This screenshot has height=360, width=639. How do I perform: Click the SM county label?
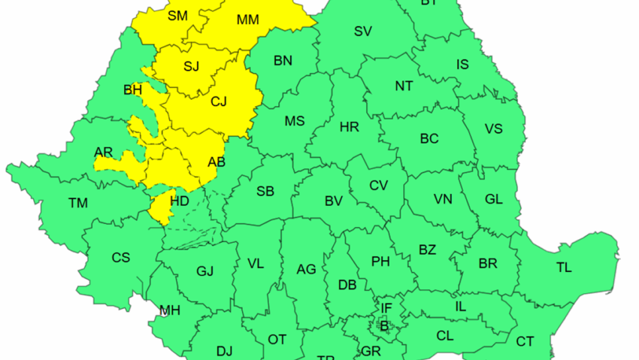click(x=178, y=16)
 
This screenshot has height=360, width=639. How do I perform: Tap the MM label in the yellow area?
click(x=247, y=20)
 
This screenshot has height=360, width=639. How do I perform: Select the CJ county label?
click(x=218, y=101)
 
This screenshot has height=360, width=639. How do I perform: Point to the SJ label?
click(x=192, y=66)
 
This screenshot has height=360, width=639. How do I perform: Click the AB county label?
click(x=216, y=161)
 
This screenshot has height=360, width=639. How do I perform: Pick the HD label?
click(x=180, y=201)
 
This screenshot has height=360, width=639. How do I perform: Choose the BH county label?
click(x=132, y=91)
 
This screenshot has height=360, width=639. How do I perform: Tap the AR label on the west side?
click(x=104, y=153)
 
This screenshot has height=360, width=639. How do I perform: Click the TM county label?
click(x=77, y=203)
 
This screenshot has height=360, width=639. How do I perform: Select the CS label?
click(x=120, y=258)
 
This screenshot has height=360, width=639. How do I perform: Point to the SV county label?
click(x=363, y=32)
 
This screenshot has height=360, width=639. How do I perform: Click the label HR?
click(x=349, y=128)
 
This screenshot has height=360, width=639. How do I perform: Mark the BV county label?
click(x=334, y=201)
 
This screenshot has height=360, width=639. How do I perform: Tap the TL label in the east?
click(x=564, y=268)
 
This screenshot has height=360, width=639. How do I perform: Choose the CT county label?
click(x=525, y=342)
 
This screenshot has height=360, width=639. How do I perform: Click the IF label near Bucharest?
click(x=386, y=307)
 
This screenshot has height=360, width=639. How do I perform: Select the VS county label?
click(x=493, y=129)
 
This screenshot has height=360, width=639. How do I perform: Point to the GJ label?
click(x=204, y=271)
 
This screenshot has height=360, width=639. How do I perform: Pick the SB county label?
click(x=265, y=192)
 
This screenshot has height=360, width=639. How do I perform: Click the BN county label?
click(x=283, y=61)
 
